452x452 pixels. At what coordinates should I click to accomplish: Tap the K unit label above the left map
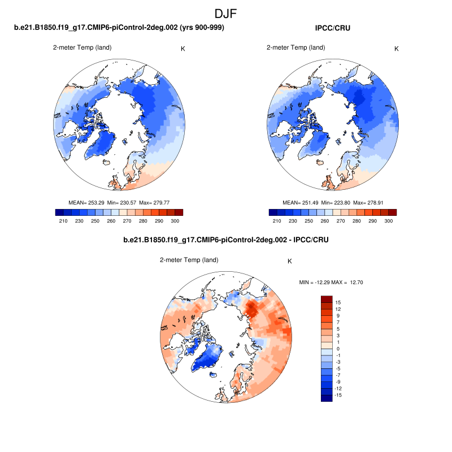tap(182, 49)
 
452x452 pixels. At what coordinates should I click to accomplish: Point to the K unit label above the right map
tap(396, 49)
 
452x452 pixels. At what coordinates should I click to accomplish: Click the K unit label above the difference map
tap(290, 261)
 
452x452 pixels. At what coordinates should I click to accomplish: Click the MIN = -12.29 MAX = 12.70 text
tap(331, 282)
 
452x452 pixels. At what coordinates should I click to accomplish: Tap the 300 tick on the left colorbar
tap(175, 221)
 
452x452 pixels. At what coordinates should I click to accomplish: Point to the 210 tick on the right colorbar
tap(277, 221)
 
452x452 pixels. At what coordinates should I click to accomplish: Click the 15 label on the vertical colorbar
tap(338, 302)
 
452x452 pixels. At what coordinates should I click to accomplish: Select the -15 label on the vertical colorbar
tap(337, 395)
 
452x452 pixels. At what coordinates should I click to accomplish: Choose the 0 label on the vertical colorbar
tap(338, 349)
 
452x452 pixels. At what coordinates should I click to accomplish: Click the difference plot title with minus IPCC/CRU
tap(226, 240)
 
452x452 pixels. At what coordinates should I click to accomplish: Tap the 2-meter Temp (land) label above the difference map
tap(189, 260)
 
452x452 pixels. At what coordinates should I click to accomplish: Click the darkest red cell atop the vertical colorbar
tap(327, 299)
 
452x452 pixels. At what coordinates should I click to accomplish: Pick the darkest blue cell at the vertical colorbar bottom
tap(327, 398)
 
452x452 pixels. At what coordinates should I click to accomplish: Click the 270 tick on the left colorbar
tap(127, 221)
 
